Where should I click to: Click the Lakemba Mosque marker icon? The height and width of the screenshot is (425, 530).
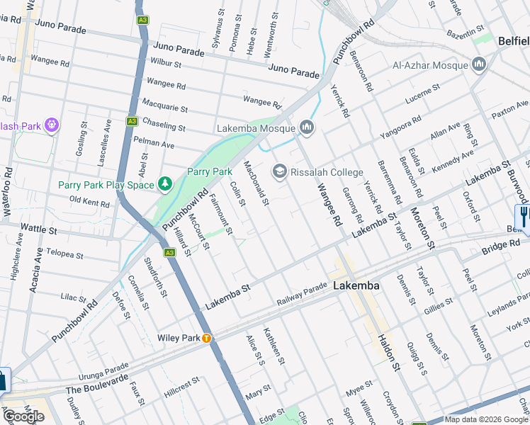307,127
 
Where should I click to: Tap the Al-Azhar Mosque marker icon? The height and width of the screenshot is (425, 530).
480,66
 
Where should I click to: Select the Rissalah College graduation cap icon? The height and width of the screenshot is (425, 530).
280,172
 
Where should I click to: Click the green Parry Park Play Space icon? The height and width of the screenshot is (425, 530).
165,185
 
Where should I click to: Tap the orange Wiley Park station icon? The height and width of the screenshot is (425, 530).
206,338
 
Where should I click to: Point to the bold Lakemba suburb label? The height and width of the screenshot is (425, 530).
356,286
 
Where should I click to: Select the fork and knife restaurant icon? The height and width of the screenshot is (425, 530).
524,215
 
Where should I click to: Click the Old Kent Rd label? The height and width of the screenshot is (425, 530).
89,201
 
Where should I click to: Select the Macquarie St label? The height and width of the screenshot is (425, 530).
164,108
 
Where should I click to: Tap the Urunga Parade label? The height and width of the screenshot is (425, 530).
104,372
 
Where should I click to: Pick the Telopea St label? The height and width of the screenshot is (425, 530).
64,254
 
